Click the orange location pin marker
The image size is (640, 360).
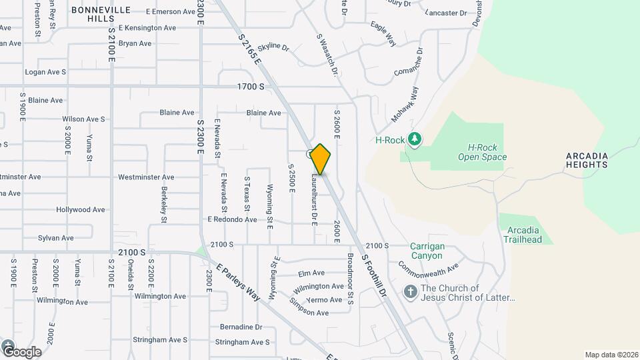pyautogui.click(x=321, y=159)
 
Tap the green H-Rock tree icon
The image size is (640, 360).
pyautogui.click(x=415, y=139)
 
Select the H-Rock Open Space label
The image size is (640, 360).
pyautogui.click(x=482, y=153)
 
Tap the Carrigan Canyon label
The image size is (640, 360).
pyautogui.click(x=427, y=251)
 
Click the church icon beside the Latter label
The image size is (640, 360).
pyautogui.click(x=410, y=292)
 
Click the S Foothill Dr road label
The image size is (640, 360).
pyautogui.click(x=374, y=275)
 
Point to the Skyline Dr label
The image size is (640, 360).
pyautogui.click(x=273, y=47)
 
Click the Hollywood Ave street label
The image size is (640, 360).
pyautogui.click(x=81, y=209)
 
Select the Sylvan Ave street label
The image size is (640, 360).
pyautogui.click(x=56, y=238)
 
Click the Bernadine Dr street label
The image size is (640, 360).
pyautogui.click(x=241, y=327)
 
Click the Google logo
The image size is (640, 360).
pyautogui.click(x=22, y=351)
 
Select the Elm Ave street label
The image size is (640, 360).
pyautogui.click(x=311, y=273)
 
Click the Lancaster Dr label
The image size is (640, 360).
pyautogui.click(x=445, y=13)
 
